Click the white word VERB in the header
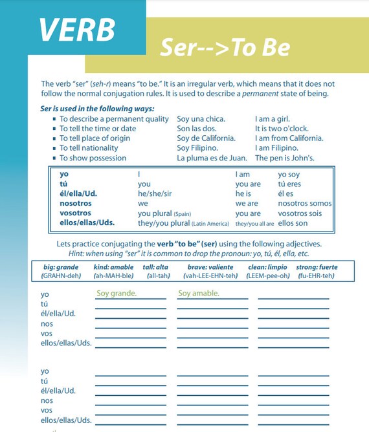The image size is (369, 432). pos(76,28)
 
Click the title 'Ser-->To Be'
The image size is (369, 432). pos(225,47)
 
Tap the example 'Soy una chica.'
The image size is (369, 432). pos(201,119)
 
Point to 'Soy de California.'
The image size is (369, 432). pos(206,138)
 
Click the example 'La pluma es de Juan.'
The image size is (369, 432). pos(212,158)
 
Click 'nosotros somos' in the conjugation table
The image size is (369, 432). pos(304,204)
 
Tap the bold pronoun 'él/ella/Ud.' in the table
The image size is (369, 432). pos(78,194)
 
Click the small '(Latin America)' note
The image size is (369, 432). pos(210,224)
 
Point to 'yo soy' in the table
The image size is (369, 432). pos(289,175)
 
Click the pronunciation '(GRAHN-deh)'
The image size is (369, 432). pos(61,276)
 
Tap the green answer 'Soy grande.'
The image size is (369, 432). pos(117,294)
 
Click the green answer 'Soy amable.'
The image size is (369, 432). pos(198,294)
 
